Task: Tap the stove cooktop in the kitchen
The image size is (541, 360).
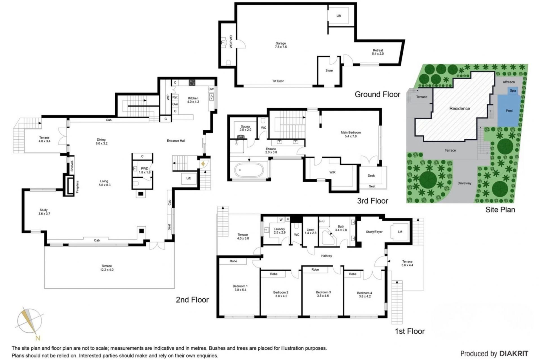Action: click(192, 82)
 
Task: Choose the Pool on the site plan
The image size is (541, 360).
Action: click(509, 110)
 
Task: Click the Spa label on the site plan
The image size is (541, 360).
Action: click(513, 91)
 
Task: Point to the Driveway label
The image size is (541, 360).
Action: click(464, 183)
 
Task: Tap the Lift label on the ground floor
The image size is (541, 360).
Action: click(339, 16)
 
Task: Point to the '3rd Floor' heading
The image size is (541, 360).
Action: click(373, 201)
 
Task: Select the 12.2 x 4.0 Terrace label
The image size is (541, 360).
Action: click(107, 268)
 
